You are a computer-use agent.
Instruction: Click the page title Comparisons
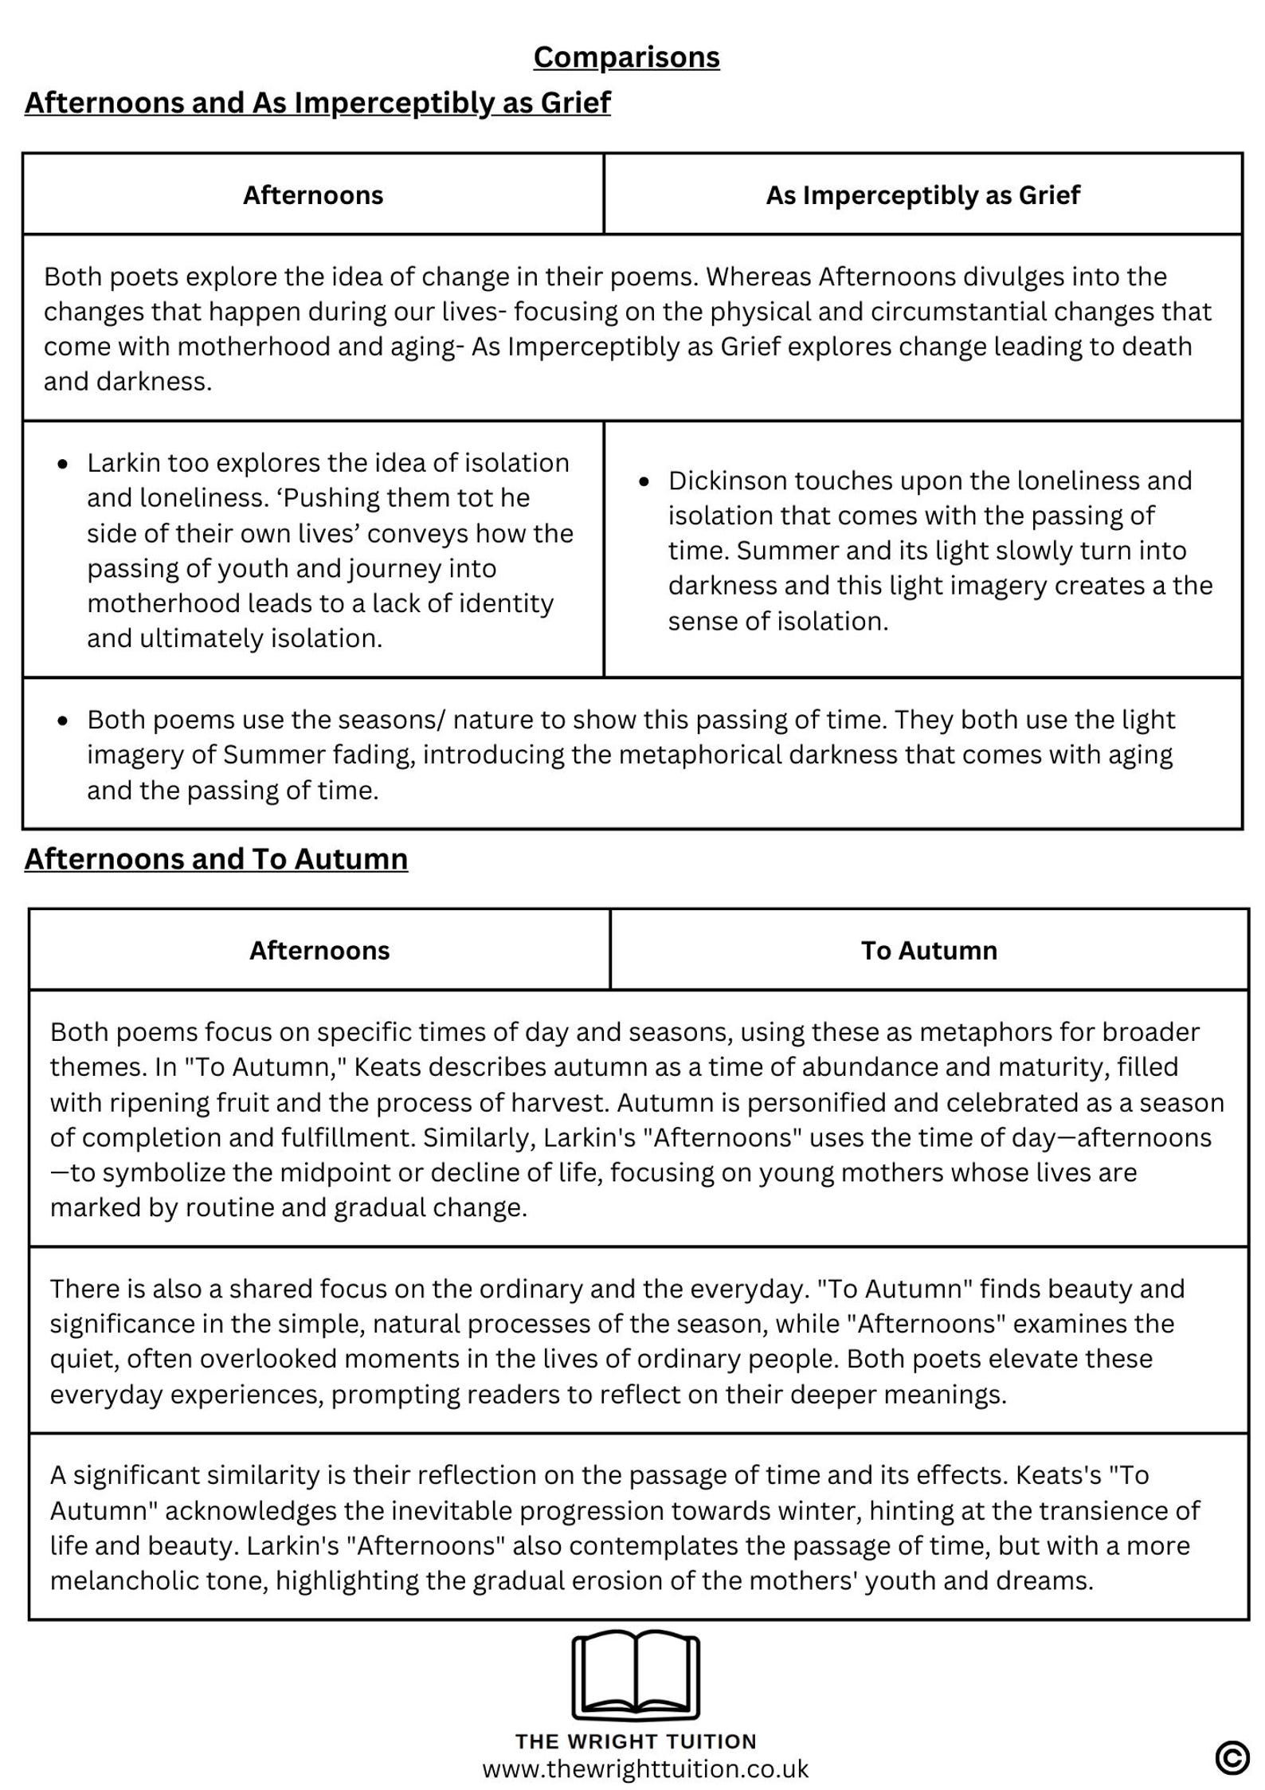(626, 57)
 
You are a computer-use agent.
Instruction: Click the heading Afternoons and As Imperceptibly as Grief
(317, 103)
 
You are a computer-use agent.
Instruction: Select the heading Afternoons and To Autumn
(216, 858)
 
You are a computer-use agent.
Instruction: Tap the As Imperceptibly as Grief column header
(922, 195)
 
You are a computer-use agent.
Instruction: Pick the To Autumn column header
(929, 950)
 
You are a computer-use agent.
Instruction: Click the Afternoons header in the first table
(313, 195)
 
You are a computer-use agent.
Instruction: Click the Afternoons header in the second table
(319, 950)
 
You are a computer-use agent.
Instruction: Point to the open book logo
(636, 1674)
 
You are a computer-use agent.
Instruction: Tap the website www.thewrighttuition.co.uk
(645, 1768)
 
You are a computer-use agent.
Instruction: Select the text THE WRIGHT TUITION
(636, 1741)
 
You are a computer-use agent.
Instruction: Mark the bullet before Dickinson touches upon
(644, 481)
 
